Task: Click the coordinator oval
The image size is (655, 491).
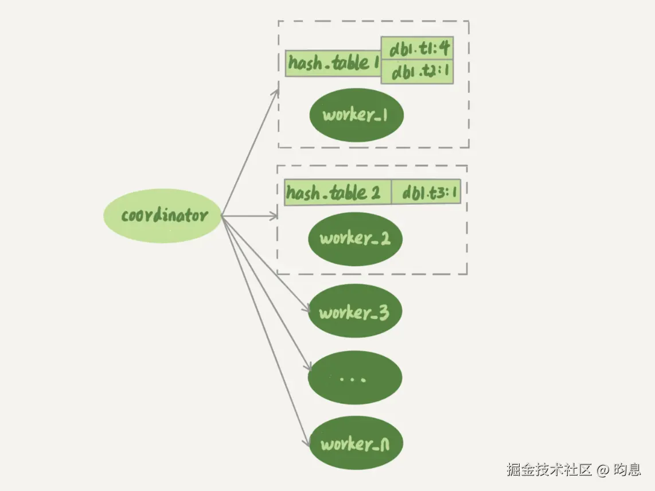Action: coord(162,216)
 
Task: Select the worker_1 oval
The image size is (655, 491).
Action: coord(356,115)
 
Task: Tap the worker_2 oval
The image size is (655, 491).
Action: coord(355,239)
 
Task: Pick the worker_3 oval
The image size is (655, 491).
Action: coord(354,313)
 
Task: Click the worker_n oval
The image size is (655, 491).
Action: coord(356,444)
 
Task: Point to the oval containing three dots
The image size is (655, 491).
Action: coord(354,379)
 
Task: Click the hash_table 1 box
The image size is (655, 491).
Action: coord(333,63)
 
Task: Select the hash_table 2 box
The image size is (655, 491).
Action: coord(338,193)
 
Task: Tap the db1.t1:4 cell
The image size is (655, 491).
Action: coord(418,49)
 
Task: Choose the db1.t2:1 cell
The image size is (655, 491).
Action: coord(418,72)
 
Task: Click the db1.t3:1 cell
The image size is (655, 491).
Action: coord(427,193)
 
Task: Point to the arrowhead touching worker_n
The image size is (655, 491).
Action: coord(306,443)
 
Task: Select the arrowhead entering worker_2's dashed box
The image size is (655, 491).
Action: coord(275,216)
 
